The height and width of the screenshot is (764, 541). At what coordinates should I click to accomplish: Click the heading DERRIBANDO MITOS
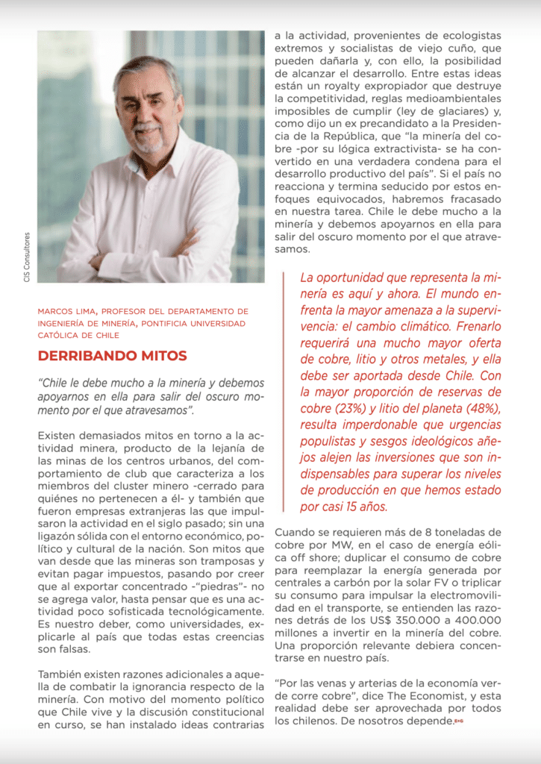pos(113,356)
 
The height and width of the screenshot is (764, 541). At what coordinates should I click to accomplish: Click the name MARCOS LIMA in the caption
pos(66,310)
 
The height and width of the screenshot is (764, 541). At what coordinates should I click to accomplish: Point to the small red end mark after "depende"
pos(459,721)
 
